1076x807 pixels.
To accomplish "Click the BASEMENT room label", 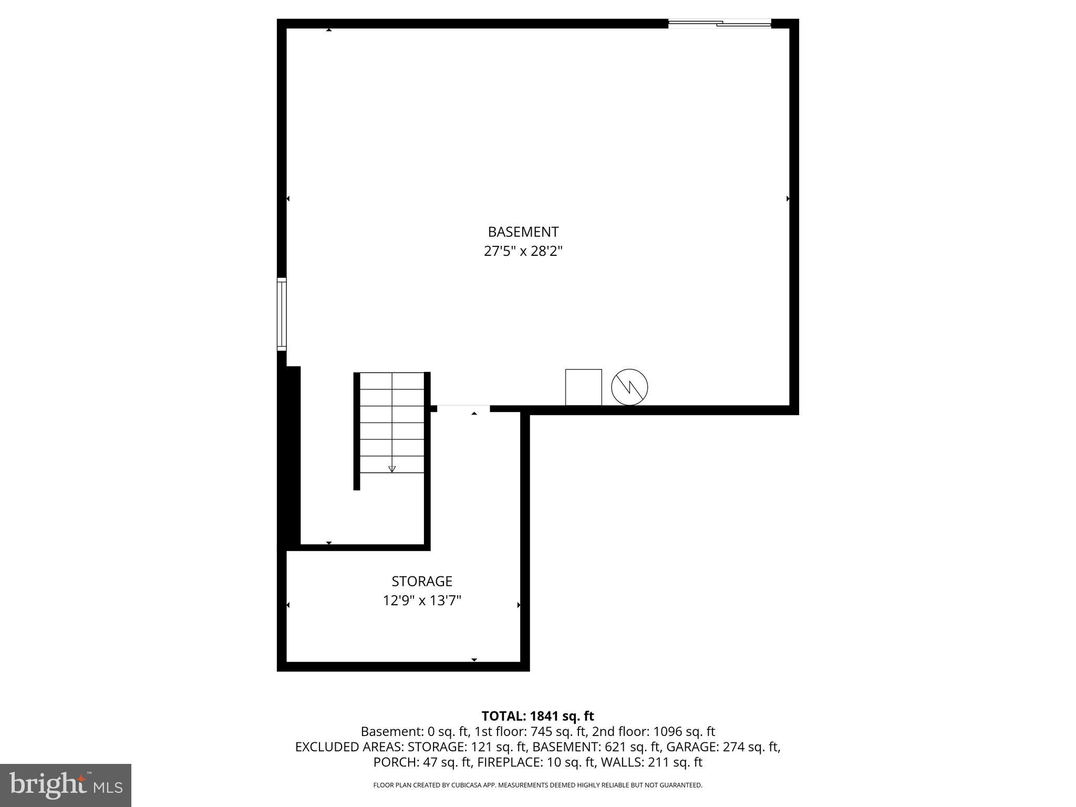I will coord(523,232).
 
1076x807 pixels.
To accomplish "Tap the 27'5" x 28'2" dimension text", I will coord(523,251).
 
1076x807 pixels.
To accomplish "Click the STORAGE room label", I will coord(421,581).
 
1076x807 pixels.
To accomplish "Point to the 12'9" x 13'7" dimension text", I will coord(421,600).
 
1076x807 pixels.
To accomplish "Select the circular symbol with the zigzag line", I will coord(629,387).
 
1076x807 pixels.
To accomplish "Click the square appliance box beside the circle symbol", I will coord(583,387).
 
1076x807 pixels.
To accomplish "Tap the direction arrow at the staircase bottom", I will coord(391,469).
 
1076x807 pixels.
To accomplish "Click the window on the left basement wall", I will coord(282,314).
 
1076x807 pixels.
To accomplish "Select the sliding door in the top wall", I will coord(719,23).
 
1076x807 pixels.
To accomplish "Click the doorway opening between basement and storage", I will coord(463,408).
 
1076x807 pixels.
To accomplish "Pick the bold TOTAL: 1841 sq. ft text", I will coord(537,716).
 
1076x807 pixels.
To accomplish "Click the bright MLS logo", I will coord(66,784).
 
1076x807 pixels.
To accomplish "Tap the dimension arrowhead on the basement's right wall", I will coord(788,199).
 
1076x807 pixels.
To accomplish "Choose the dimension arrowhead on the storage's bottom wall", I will coord(474,659).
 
